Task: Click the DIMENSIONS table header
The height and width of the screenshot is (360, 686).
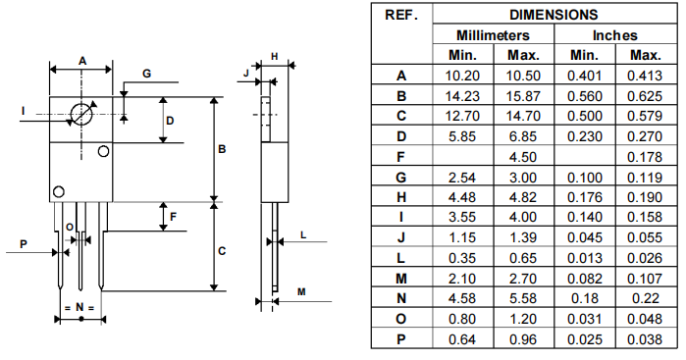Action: pos(554,15)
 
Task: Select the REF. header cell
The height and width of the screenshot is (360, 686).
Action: pos(401,15)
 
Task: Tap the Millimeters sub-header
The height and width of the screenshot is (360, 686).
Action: pos(494,34)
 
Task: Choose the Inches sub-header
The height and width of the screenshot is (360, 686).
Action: pos(615,34)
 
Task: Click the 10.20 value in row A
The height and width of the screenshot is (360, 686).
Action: pos(462,75)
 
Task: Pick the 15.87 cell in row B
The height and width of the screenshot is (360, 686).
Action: pos(524,96)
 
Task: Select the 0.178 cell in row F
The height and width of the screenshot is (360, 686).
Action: pos(645,155)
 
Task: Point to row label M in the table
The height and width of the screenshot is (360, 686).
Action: pos(401,279)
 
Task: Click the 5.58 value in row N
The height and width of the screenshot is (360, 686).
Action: pos(524,298)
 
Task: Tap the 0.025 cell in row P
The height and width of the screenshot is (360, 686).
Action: pos(584,339)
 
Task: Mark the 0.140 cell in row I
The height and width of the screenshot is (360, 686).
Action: pos(584,216)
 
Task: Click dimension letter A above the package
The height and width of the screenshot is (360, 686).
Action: pos(82,60)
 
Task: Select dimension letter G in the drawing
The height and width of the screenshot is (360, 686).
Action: pos(146,74)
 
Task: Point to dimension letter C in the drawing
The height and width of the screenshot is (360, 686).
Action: pos(223,251)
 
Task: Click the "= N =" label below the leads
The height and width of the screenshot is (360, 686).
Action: pos(79,308)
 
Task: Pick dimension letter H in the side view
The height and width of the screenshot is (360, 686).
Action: pos(275,55)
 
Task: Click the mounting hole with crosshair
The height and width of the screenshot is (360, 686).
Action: pos(81,114)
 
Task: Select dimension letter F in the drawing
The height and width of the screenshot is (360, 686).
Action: pos(174,216)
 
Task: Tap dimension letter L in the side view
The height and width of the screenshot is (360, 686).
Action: pos(303,235)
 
